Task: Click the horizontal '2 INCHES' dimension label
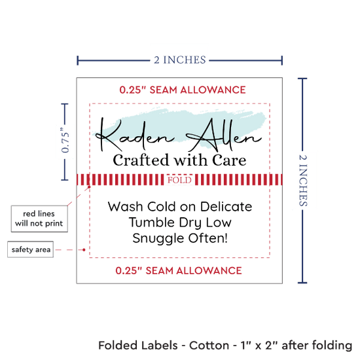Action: pos(180,60)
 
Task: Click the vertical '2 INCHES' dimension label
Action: pos(303,181)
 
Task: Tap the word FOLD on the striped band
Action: pos(179,180)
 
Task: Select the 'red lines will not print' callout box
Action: pos(39,219)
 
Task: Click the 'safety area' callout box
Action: pos(31,249)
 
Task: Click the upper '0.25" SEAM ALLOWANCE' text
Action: pos(183,90)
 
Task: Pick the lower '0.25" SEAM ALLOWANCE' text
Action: pos(179,270)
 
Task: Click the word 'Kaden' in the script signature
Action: pos(135,135)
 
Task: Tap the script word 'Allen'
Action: pos(224,135)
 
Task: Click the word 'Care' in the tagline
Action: pos(229,160)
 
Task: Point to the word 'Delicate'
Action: pos(226,206)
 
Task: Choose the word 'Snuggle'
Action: pos(158,239)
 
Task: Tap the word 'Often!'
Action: pos(208,238)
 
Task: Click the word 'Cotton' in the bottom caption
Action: pos(209,346)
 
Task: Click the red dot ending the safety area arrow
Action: pos(84,249)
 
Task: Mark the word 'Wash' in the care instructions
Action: pos(126,206)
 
